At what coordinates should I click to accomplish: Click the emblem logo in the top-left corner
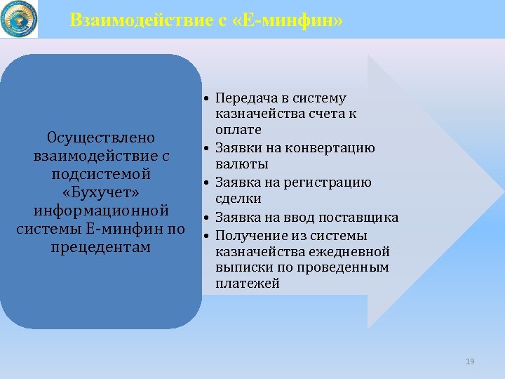click(19, 19)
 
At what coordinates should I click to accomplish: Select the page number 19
click(470, 361)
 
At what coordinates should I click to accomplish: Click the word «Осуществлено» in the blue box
click(100, 137)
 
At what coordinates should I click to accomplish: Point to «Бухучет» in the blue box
click(100, 192)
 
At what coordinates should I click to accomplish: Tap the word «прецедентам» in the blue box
click(100, 247)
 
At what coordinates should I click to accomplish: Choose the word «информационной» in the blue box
click(100, 211)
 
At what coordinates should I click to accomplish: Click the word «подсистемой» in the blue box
click(100, 174)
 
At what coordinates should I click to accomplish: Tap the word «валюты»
click(241, 164)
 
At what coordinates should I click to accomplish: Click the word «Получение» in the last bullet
click(248, 235)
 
